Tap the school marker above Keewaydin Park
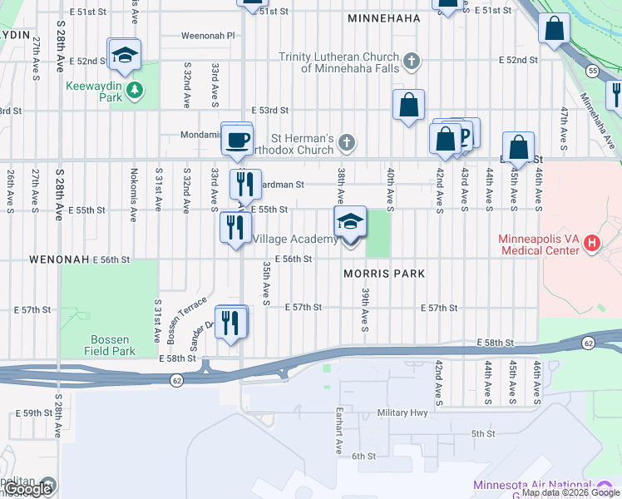click(125, 55)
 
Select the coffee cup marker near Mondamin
click(237, 139)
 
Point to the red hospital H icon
click(591, 244)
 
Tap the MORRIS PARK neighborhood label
click(385, 274)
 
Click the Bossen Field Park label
click(109, 345)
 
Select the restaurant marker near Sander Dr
click(231, 322)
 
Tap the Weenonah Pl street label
click(209, 37)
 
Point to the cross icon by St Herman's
click(347, 143)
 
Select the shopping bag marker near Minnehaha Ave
click(553, 30)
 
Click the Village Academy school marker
click(350, 222)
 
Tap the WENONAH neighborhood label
click(58, 259)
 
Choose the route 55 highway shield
click(592, 72)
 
